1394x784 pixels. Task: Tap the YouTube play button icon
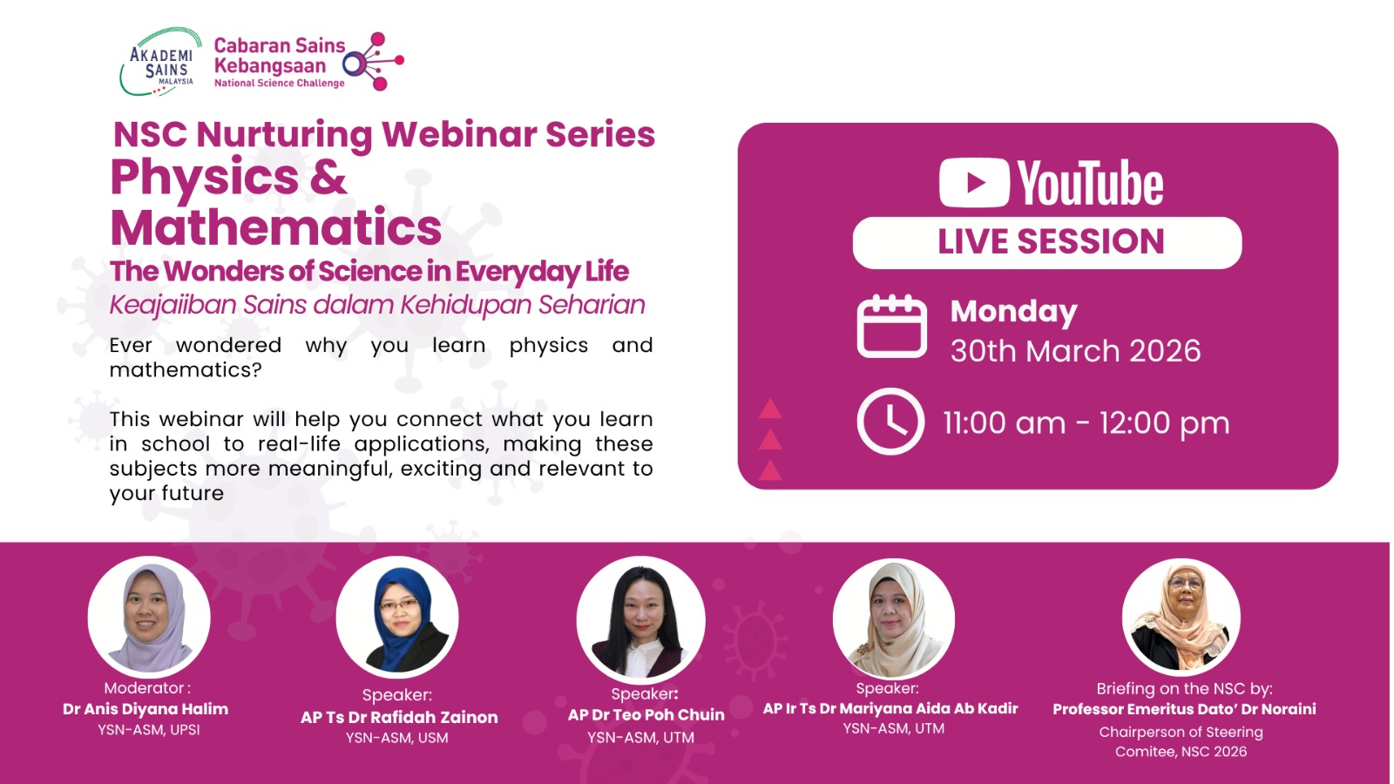coord(974,183)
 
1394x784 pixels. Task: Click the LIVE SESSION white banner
coord(1047,242)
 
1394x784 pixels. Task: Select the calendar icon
coord(890,327)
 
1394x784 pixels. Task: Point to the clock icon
coord(890,422)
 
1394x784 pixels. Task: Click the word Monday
coord(1013,311)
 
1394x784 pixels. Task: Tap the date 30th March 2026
coord(1075,351)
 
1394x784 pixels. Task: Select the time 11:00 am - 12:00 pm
coord(1086,423)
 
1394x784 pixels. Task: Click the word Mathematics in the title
coord(275,228)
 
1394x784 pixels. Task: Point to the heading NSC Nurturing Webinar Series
coord(383,134)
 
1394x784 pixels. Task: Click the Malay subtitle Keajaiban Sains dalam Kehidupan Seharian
coord(376,305)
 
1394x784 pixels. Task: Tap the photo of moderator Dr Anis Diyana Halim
coord(149,617)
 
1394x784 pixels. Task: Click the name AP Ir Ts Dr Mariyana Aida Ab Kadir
coord(890,708)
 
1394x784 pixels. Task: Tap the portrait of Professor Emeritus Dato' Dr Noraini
coord(1181,617)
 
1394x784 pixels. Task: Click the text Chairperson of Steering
coord(1181,732)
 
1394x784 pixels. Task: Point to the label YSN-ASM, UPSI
coord(149,730)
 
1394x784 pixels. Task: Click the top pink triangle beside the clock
coord(770,409)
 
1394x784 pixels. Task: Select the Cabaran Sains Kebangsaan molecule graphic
coord(374,61)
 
